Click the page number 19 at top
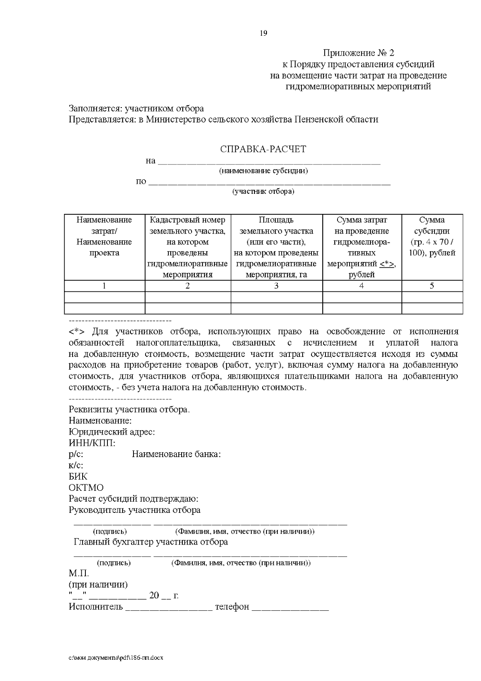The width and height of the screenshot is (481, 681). pyautogui.click(x=263, y=33)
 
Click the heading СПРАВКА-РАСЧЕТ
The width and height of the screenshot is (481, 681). pyautogui.click(x=263, y=149)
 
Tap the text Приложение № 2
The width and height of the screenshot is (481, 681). pyautogui.click(x=359, y=53)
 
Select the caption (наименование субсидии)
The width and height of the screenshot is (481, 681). pyautogui.click(x=263, y=171)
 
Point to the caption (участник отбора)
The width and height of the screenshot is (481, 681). pyautogui.click(x=263, y=191)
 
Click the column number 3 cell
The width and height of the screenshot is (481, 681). pyautogui.click(x=276, y=286)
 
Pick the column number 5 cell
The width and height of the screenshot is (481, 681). pyautogui.click(x=432, y=286)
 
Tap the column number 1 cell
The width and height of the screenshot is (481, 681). pyautogui.click(x=104, y=286)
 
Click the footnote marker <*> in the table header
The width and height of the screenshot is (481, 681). pyautogui.click(x=387, y=264)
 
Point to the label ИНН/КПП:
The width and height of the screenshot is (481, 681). pyautogui.click(x=92, y=443)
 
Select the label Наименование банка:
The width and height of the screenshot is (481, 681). pyautogui.click(x=176, y=454)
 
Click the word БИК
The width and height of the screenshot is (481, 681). pyautogui.click(x=78, y=477)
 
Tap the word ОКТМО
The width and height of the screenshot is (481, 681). pyautogui.click(x=86, y=488)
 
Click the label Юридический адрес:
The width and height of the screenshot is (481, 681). pyautogui.click(x=112, y=432)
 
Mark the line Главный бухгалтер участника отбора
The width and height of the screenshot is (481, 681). pyautogui.click(x=151, y=542)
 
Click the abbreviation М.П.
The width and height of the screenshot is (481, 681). pyautogui.click(x=79, y=573)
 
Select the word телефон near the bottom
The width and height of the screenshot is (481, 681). pyautogui.click(x=232, y=606)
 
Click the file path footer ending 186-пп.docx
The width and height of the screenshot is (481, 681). pyautogui.click(x=116, y=658)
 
